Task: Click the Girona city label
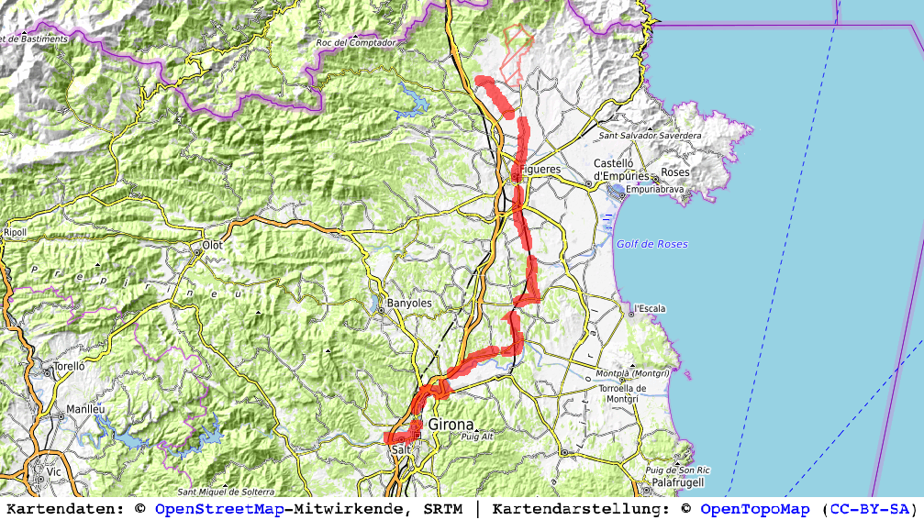click(451, 425)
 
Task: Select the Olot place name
click(213, 246)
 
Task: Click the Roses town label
click(674, 172)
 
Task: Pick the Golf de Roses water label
click(651, 244)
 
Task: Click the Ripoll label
click(15, 232)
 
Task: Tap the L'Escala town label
click(650, 308)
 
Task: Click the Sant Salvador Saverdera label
click(650, 136)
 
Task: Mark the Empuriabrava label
click(659, 192)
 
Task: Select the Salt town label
click(401, 450)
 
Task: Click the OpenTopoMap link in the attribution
click(755, 509)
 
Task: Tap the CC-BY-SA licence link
click(867, 509)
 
